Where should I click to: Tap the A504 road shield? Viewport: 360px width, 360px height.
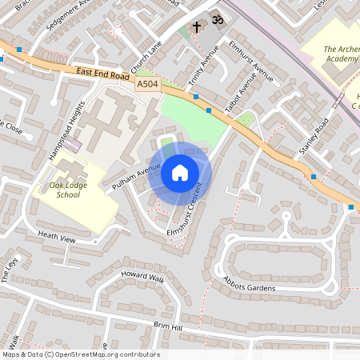click(147, 83)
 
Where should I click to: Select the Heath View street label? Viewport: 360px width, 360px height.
click(56, 237)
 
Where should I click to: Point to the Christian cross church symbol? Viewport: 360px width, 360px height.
click(197, 27)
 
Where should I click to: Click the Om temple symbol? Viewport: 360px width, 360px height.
click(214, 17)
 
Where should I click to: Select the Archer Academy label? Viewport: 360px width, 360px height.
click(342, 54)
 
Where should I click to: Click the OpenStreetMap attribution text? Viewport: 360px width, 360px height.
click(81, 354)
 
